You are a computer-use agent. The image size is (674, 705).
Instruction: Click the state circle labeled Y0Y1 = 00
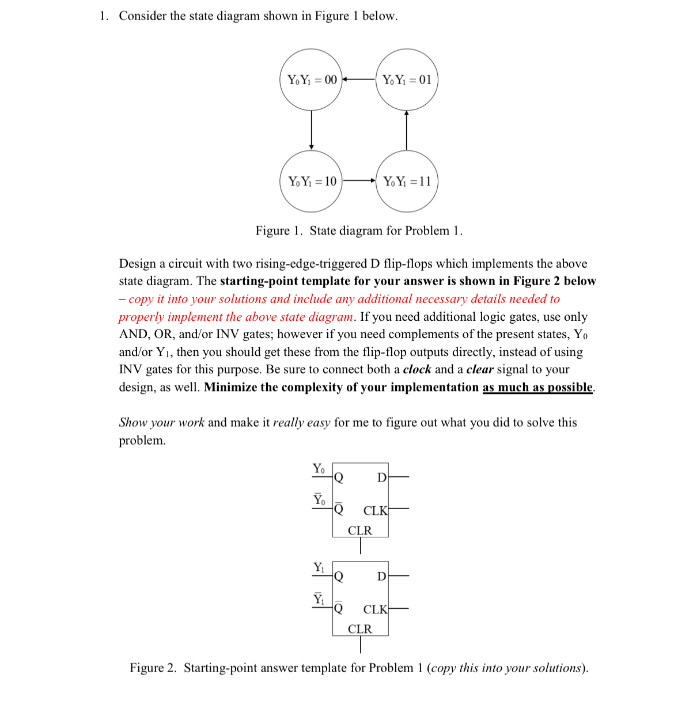click(311, 79)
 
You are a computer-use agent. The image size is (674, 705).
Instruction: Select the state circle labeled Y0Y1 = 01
click(407, 79)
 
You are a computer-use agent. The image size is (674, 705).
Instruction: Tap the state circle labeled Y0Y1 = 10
click(311, 181)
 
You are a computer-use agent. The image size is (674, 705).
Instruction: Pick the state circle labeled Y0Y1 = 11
click(407, 181)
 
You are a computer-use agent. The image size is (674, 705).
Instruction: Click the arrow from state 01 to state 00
click(359, 79)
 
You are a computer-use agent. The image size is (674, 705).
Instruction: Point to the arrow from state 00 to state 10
click(312, 130)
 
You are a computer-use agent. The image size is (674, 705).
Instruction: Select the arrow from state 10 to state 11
click(359, 181)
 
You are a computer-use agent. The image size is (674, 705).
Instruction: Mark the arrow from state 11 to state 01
click(407, 130)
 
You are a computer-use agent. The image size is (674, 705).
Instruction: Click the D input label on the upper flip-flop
click(381, 477)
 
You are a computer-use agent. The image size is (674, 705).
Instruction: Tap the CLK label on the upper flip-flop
click(375, 511)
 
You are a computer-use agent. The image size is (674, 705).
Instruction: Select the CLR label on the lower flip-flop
click(360, 629)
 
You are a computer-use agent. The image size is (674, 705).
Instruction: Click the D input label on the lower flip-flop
click(381, 576)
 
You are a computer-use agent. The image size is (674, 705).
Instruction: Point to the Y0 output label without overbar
click(319, 469)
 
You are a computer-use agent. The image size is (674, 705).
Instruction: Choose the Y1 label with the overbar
click(319, 599)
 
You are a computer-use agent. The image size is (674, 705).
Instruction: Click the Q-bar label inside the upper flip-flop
click(339, 508)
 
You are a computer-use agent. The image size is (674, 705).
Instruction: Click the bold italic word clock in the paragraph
click(416, 369)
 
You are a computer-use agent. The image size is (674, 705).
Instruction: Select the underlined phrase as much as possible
click(537, 387)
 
